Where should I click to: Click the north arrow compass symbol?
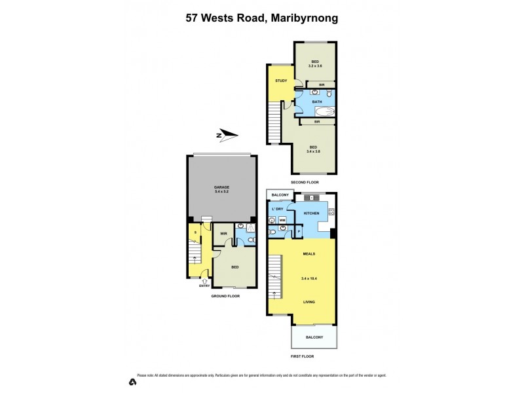(x=227, y=136)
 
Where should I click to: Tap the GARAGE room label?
(x=221, y=187)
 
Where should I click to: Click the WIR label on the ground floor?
(x=223, y=233)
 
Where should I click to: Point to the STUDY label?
(x=281, y=81)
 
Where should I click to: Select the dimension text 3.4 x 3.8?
(x=313, y=151)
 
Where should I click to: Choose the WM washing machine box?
(x=282, y=221)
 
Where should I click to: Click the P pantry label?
(x=299, y=231)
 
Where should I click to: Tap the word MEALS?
(x=309, y=253)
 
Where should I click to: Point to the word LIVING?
(x=309, y=302)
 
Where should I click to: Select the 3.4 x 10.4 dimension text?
(x=309, y=278)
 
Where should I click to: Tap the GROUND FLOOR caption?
(x=225, y=296)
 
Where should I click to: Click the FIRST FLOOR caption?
(x=303, y=357)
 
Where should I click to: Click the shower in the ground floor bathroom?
(x=251, y=227)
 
